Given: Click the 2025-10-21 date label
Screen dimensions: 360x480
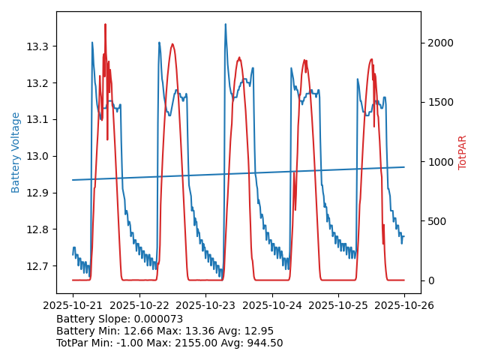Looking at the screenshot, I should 73,305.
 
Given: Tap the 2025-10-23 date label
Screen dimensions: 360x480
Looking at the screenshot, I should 205,305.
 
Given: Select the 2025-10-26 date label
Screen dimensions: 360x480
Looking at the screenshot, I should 404,305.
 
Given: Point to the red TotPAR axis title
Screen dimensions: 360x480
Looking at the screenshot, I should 462,152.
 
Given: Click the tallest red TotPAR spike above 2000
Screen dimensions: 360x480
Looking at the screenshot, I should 105,25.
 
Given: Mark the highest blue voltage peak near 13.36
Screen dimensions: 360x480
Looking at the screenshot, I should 225,24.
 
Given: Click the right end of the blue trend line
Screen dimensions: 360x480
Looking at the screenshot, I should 404,167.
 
